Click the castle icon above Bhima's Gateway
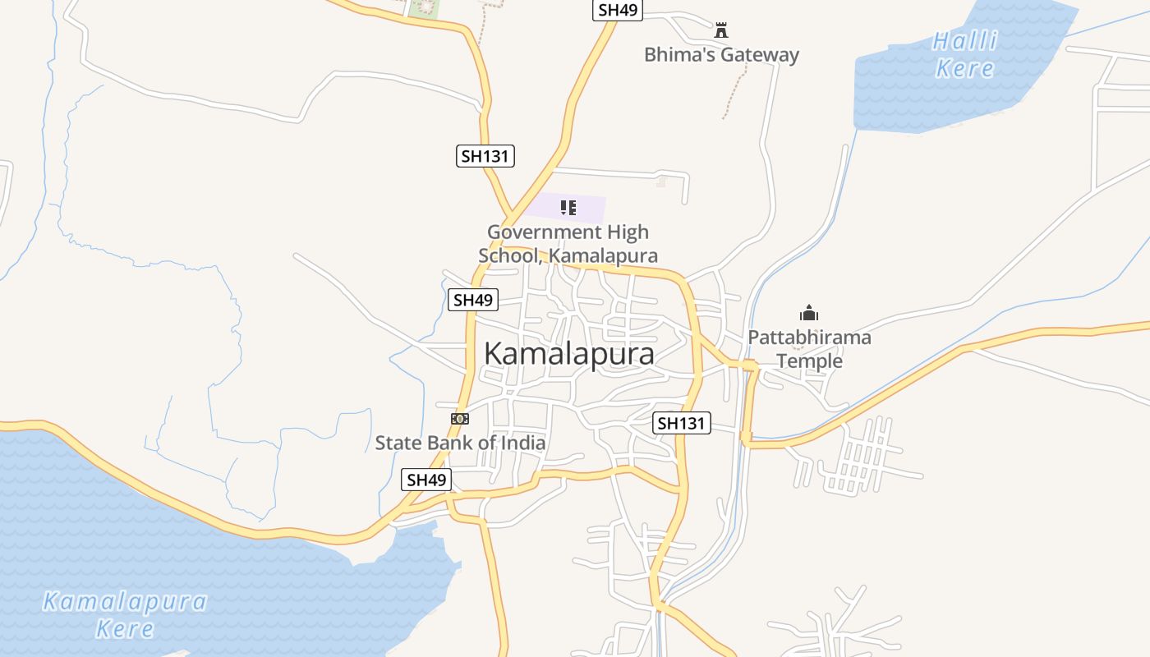pos(721,30)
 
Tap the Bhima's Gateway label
pos(721,55)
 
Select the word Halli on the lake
pos(965,41)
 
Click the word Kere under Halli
pos(965,68)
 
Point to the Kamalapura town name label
pos(569,354)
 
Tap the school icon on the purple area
pos(568,207)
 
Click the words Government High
pos(568,232)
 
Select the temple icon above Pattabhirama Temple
pos(809,313)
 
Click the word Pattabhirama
pos(809,338)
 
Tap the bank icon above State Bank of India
pos(460,419)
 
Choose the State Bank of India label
pos(460,443)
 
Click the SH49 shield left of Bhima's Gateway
pos(618,10)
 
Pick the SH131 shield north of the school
pos(485,156)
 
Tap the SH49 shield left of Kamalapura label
pos(473,300)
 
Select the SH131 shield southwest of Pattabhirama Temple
pos(682,424)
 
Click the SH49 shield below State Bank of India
pos(427,480)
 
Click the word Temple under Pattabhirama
pos(810,361)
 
